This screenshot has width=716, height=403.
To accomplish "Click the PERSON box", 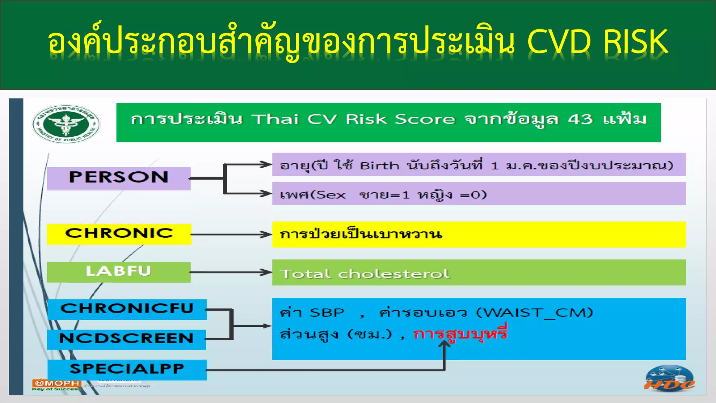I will click(x=119, y=178).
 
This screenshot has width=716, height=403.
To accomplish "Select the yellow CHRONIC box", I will click(x=119, y=234).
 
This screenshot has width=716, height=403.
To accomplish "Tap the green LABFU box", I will click(x=119, y=271).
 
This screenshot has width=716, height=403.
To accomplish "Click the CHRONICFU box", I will click(x=127, y=309).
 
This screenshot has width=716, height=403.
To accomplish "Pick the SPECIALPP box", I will click(x=127, y=369).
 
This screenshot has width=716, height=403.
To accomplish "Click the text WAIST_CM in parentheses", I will click(x=535, y=312).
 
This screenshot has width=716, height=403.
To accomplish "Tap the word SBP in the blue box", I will click(x=327, y=312).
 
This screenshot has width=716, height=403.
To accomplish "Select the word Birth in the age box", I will click(x=379, y=165).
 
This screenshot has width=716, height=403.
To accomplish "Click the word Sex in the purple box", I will click(x=331, y=195).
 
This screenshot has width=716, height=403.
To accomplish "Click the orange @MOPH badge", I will click(x=57, y=383).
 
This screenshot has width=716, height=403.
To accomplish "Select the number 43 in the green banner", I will click(x=580, y=119).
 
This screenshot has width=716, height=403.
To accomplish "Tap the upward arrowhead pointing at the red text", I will click(x=444, y=344).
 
